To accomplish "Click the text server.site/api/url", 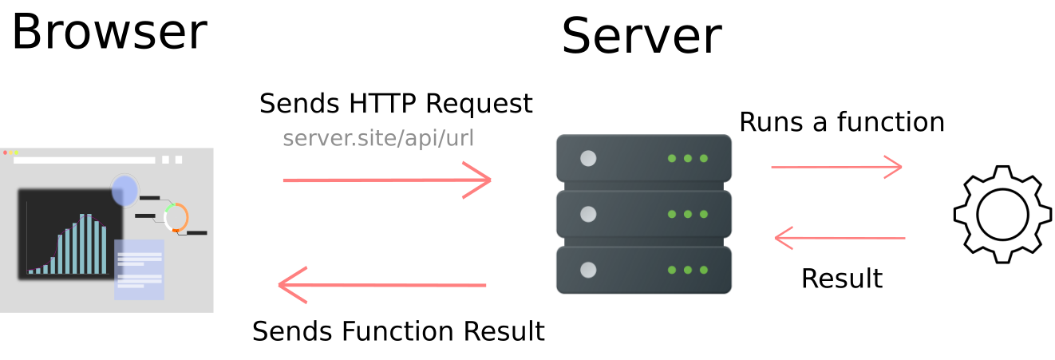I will click(378, 138).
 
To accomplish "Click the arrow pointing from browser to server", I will click(386, 180).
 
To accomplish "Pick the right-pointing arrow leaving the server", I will click(836, 167).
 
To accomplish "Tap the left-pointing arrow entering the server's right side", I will click(840, 238).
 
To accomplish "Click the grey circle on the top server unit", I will click(588, 158).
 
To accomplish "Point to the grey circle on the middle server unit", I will click(588, 214).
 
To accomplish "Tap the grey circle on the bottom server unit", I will click(588, 270).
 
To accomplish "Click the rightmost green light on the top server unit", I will click(704, 158).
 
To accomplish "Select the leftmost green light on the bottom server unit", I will click(672, 270).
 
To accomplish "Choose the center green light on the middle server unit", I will click(688, 214).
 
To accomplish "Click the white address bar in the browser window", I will click(85, 160).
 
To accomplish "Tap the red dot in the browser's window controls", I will click(5, 152).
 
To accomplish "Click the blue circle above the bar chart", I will click(125, 191).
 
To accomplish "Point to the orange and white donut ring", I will click(176, 217).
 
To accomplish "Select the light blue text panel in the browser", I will click(140, 270).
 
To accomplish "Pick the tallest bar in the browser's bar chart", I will click(89, 243).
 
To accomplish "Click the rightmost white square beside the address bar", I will click(179, 160).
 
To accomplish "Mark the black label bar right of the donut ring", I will click(197, 233).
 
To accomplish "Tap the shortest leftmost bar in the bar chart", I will click(31, 271).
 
